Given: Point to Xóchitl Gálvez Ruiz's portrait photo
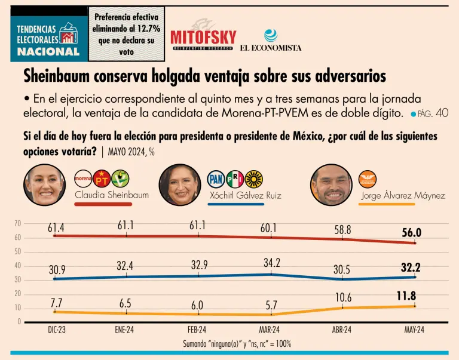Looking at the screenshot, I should point(180,184).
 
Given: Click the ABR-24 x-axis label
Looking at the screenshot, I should point(343,330).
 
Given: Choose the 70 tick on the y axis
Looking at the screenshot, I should point(17,224).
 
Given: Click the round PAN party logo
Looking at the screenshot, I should point(216,179).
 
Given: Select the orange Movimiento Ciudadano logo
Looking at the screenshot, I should point(368,179).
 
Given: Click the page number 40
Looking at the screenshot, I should point(442,113).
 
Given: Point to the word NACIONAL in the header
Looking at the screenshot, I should point(48,51).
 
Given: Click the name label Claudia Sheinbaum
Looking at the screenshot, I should point(112,195).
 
